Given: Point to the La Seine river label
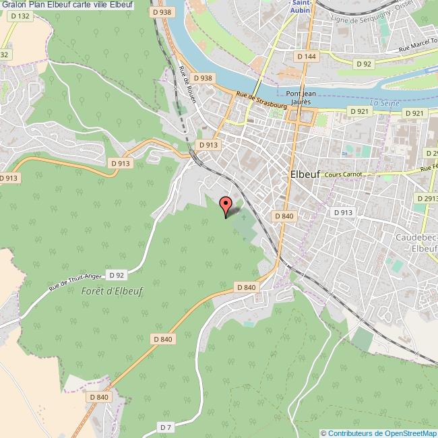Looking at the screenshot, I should [385, 102].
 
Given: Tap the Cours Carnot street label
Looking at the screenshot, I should [344, 174].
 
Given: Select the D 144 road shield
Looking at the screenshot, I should [306, 57].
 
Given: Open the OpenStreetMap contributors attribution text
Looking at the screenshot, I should [379, 433].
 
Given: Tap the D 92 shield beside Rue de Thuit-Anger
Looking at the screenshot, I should [116, 275].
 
